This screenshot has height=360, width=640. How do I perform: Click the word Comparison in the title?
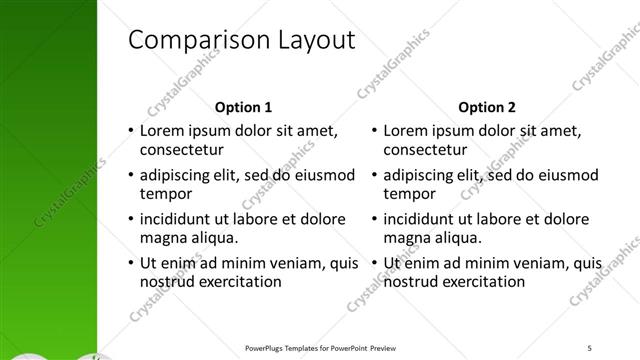(x=191, y=41)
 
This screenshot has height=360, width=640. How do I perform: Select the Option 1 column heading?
(x=243, y=107)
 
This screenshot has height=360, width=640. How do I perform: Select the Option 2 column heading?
(x=486, y=107)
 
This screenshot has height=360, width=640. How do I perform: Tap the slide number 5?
(x=590, y=347)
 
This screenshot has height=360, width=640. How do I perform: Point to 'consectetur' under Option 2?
(x=424, y=151)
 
